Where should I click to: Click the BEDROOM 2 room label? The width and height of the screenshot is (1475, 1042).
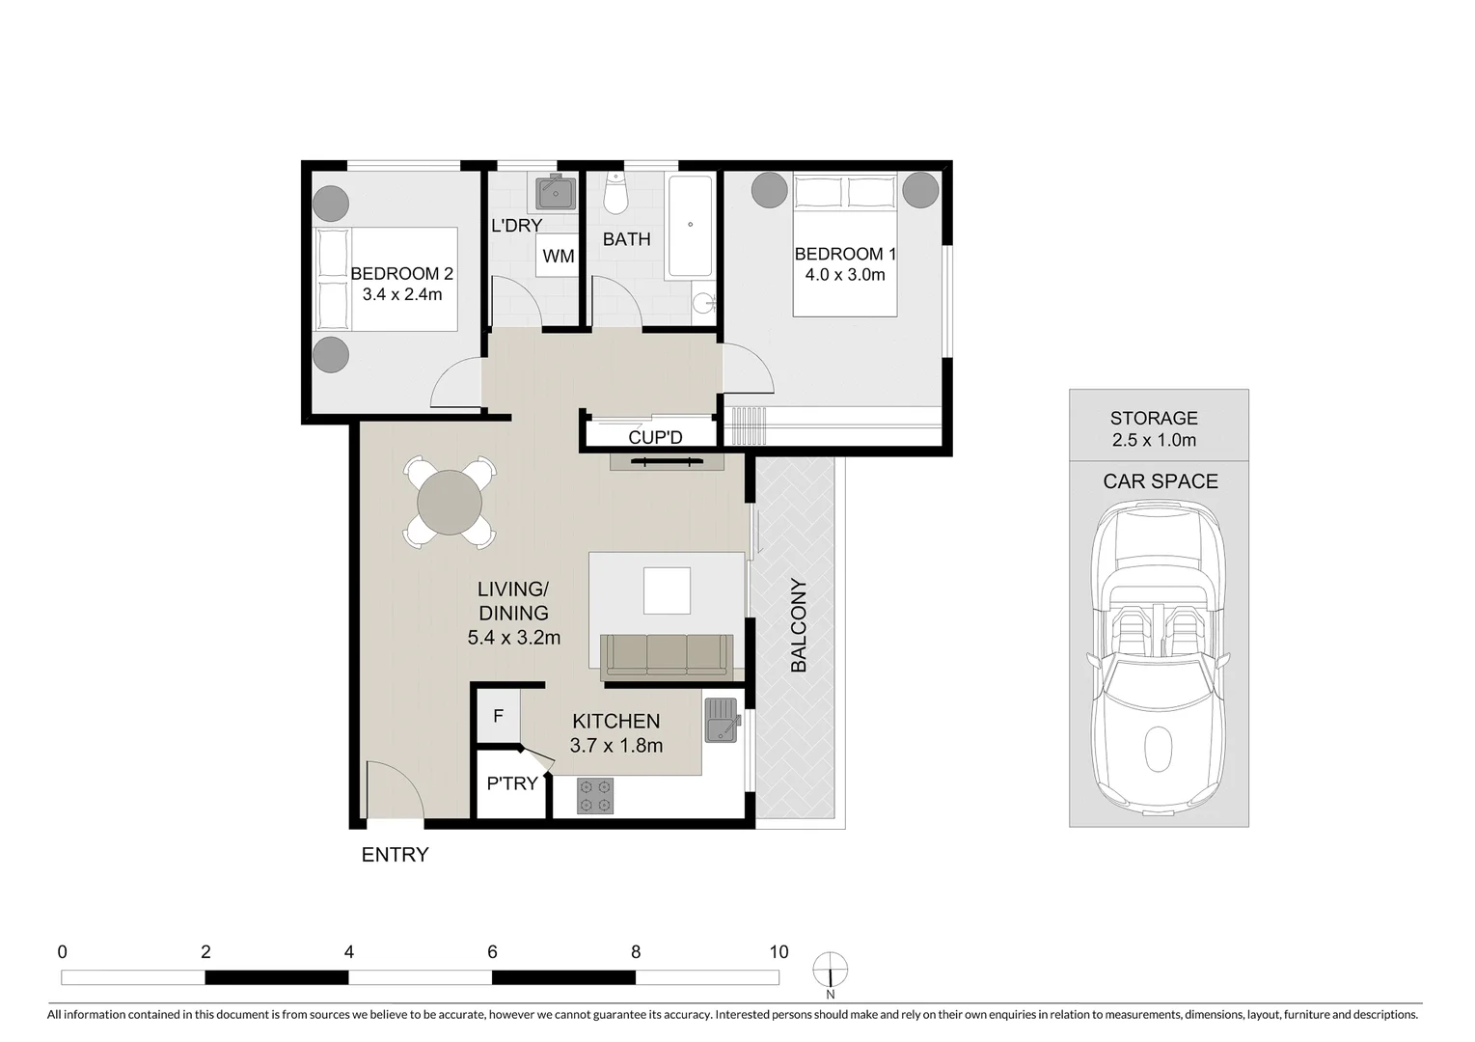[x=401, y=274]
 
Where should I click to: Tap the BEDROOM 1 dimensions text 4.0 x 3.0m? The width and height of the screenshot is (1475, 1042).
[x=845, y=275]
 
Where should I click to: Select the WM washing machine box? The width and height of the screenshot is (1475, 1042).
[x=558, y=256]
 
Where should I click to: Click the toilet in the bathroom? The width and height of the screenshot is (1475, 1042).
[x=615, y=196]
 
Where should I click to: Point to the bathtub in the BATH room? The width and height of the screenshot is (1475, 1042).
[x=690, y=227]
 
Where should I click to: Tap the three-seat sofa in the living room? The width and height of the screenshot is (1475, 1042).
[x=666, y=654]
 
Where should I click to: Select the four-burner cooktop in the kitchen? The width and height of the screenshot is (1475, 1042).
[x=595, y=796]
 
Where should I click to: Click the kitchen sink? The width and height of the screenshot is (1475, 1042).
[x=721, y=720]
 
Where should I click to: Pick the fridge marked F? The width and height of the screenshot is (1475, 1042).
[x=499, y=717]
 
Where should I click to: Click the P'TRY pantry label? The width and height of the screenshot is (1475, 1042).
[x=511, y=783]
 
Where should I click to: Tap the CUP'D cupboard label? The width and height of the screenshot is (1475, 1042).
[x=655, y=438]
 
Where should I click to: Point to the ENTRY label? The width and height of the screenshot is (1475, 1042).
[x=395, y=855]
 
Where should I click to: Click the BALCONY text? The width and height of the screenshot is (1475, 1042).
[x=799, y=625]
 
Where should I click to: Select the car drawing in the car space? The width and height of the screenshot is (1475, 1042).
[x=1159, y=656]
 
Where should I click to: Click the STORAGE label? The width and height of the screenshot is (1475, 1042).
[x=1154, y=418]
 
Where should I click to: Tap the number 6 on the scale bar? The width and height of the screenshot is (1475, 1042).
[x=492, y=952]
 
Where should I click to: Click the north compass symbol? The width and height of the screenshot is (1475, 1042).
[x=830, y=969]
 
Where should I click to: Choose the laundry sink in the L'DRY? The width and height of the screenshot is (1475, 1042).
[x=556, y=192]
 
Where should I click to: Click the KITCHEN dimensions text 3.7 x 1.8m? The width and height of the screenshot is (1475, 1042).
[x=615, y=746]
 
